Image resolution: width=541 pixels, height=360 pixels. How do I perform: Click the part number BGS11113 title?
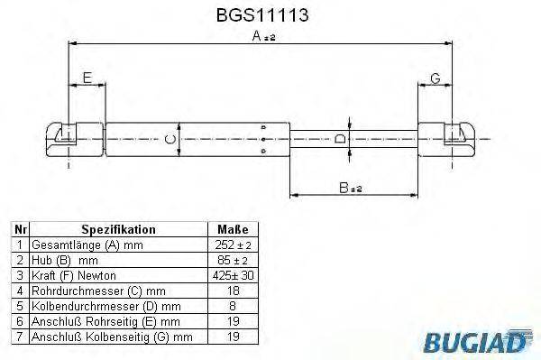coord(262,15)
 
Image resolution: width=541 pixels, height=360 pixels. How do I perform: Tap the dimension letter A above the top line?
coord(257,35)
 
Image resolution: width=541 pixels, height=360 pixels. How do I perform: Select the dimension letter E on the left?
coord(87,78)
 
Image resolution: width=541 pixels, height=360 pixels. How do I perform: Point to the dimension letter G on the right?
coord(436,78)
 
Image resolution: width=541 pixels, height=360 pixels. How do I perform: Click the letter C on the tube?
coord(170,140)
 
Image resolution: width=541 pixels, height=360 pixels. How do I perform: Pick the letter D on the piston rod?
coord(340,139)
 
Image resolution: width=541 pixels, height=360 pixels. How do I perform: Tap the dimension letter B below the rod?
coord(344,188)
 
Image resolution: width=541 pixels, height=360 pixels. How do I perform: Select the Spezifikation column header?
coord(118,229)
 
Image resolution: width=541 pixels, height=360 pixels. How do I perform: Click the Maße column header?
coord(233,229)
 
